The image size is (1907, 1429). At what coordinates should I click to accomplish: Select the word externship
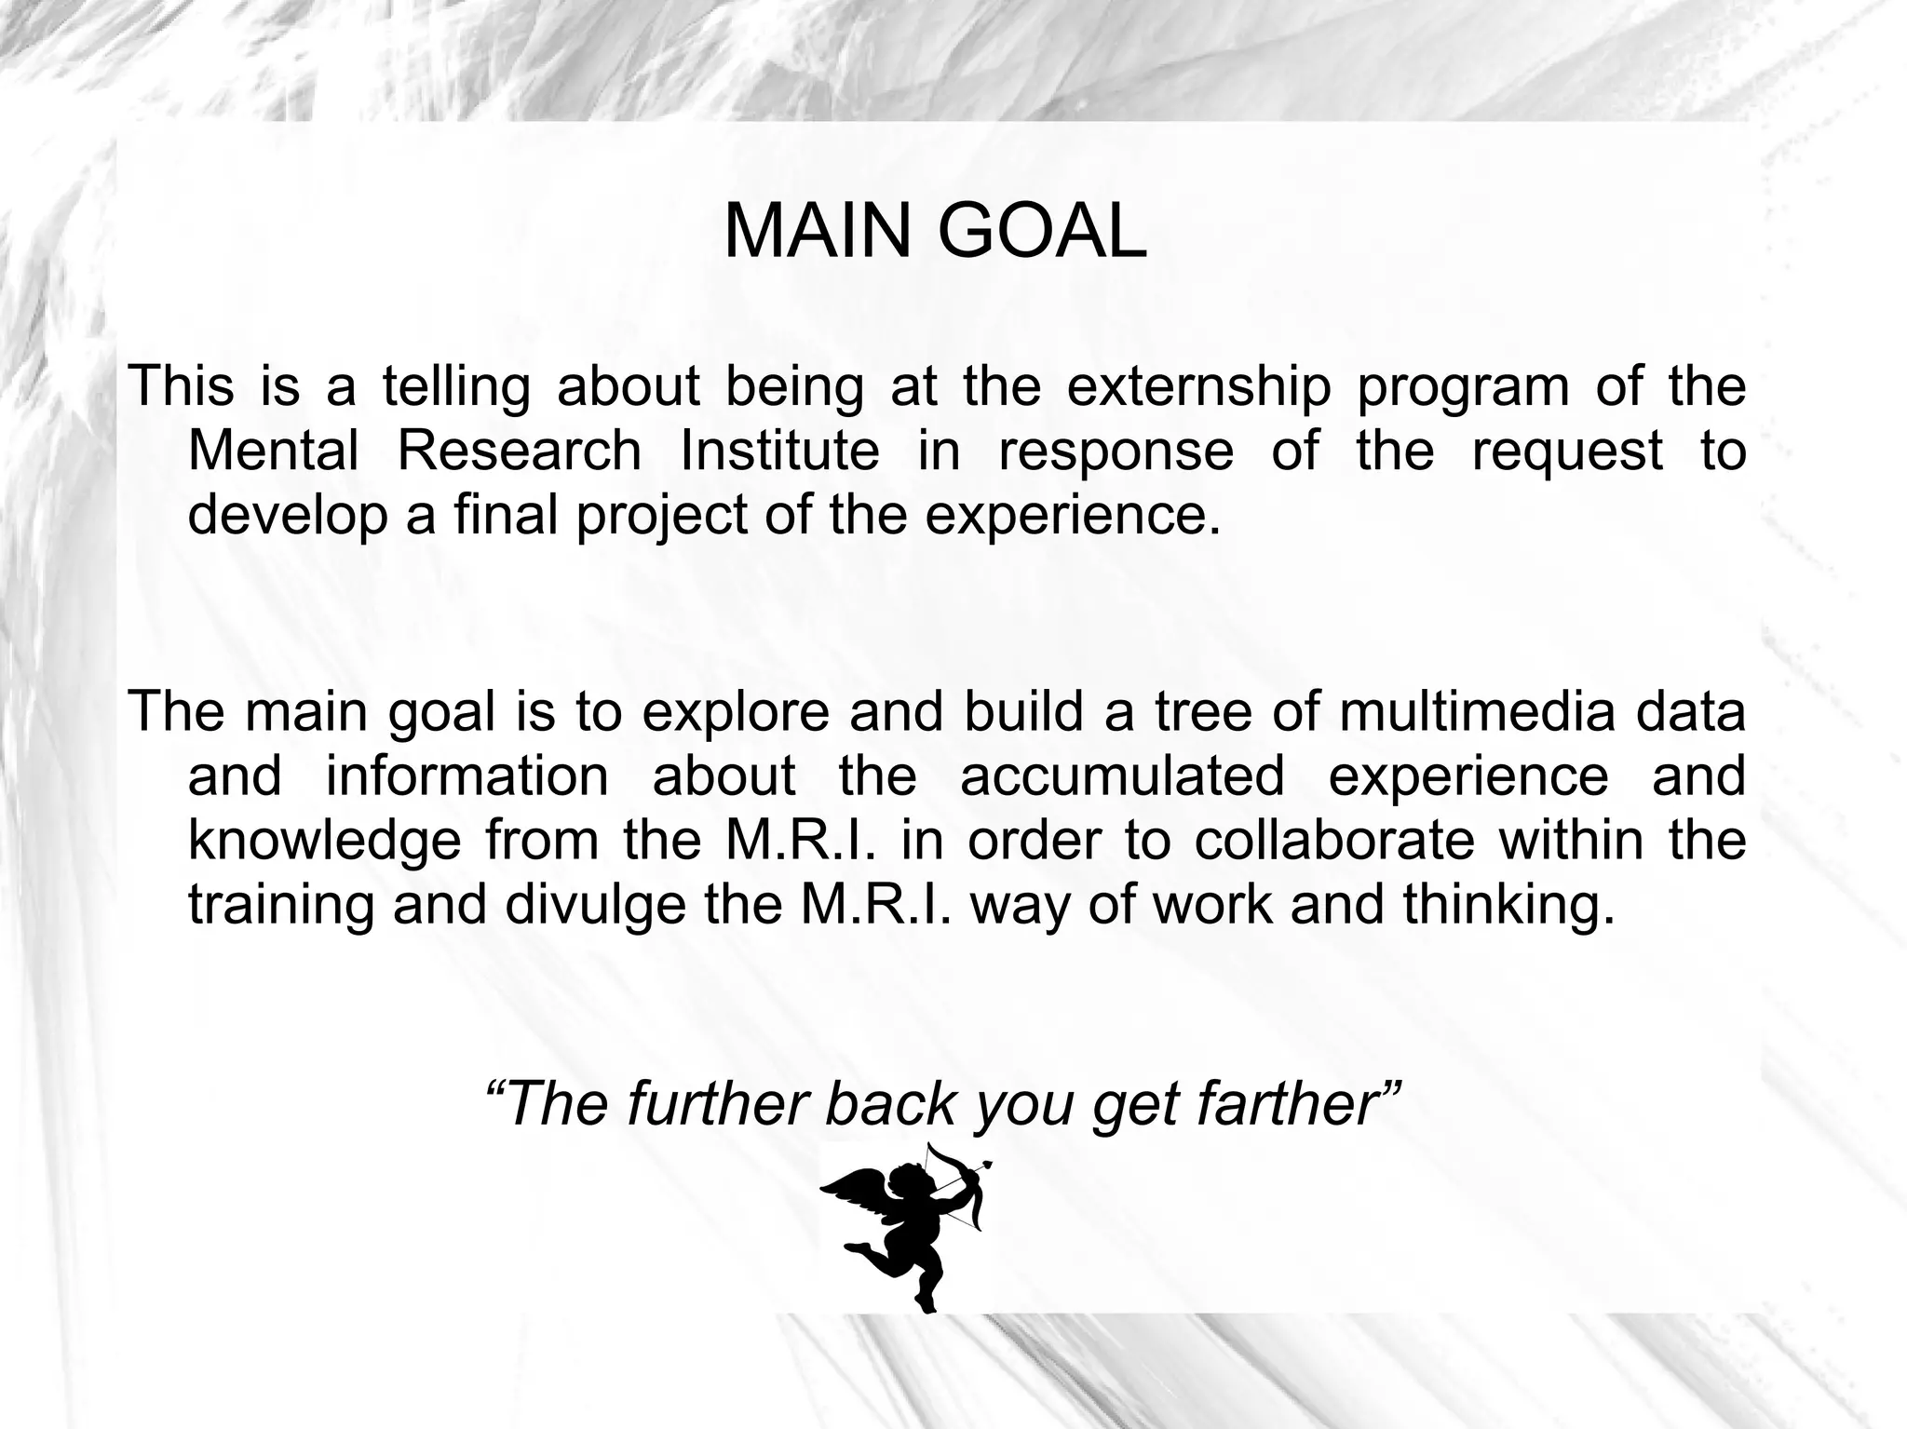(x=1198, y=386)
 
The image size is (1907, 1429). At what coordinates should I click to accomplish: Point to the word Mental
(x=273, y=451)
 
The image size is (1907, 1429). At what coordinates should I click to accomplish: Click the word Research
(x=520, y=451)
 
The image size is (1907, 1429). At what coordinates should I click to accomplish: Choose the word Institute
(x=780, y=451)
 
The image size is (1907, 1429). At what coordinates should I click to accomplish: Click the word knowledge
(x=325, y=841)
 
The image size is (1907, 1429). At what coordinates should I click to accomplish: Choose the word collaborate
(x=1333, y=840)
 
